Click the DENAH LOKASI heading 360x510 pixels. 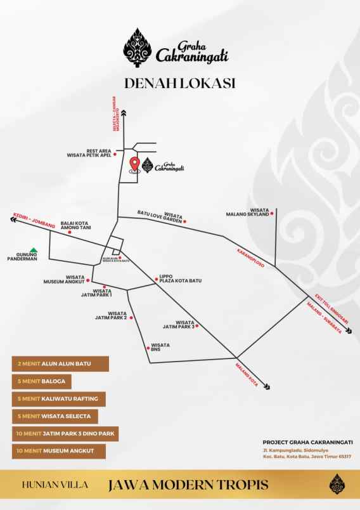tap(180, 83)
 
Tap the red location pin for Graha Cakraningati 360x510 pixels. tap(134, 164)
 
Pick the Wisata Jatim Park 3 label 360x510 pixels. tap(178, 325)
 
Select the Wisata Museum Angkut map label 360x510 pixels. tap(64, 279)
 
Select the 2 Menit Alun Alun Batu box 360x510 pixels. tap(60, 363)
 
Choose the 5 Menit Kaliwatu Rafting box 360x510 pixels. tap(58, 399)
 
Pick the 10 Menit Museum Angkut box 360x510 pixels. tap(58, 452)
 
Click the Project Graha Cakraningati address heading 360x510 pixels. tap(307, 442)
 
